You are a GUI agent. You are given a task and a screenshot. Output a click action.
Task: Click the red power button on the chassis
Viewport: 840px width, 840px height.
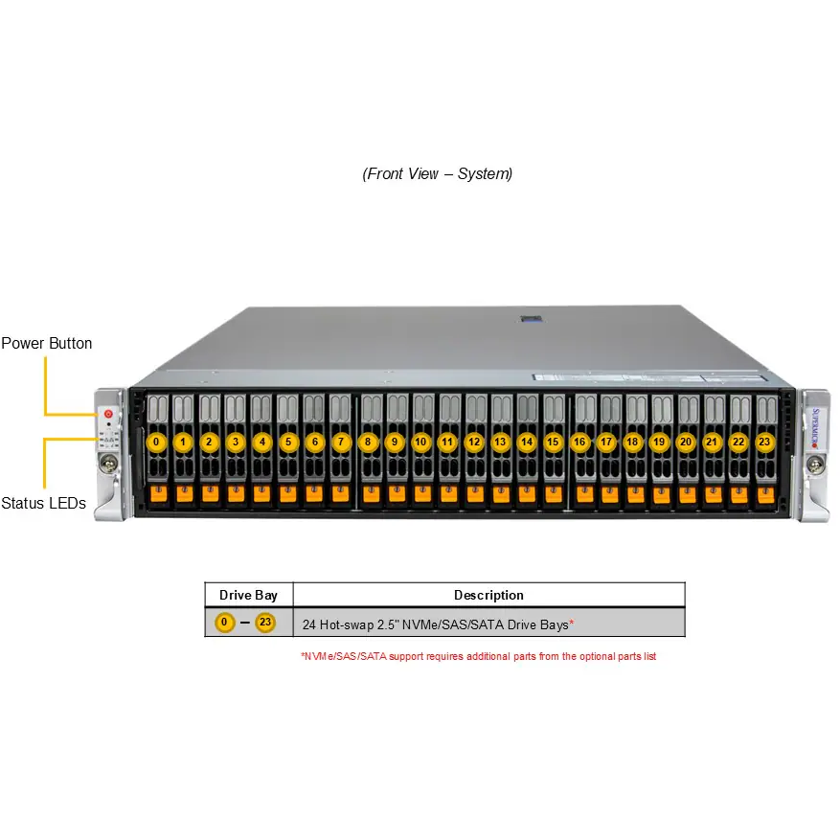click(108, 415)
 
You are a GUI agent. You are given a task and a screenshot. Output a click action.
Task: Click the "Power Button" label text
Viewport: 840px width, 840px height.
click(47, 343)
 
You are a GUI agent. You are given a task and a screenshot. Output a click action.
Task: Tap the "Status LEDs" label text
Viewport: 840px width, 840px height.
click(43, 503)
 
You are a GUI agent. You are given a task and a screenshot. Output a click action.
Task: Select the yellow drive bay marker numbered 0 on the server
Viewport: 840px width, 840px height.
click(157, 443)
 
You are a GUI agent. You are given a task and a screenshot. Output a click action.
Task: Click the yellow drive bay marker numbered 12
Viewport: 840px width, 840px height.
click(474, 443)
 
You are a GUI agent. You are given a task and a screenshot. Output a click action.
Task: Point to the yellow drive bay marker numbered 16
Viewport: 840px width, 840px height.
click(579, 443)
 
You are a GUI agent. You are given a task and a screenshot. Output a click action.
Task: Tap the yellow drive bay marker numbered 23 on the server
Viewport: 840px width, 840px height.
click(763, 443)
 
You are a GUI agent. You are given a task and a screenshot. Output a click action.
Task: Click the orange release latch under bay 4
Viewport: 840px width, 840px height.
click(262, 493)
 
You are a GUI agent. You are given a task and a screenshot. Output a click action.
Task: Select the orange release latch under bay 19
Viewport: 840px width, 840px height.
click(659, 493)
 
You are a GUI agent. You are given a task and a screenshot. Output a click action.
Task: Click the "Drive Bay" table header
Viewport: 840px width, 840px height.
click(248, 595)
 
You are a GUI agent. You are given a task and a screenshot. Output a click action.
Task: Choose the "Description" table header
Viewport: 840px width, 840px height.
click(488, 595)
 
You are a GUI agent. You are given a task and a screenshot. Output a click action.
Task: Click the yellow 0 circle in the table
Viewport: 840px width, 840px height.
click(225, 624)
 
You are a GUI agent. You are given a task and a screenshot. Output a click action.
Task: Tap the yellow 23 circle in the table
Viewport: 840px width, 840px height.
click(265, 624)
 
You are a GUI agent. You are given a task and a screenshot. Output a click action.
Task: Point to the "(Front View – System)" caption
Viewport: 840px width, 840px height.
click(438, 173)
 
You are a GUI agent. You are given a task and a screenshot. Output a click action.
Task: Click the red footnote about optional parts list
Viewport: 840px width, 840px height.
click(478, 656)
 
